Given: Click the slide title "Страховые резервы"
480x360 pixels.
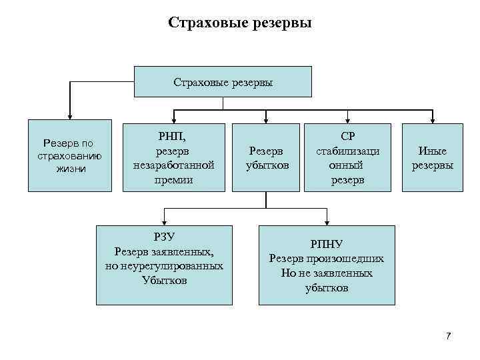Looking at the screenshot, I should coord(240,23).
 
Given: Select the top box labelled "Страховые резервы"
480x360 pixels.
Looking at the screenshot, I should coord(223,82).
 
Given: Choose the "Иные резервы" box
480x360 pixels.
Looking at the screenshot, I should coord(432,157).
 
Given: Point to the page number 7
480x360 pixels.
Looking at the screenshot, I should coord(449,335).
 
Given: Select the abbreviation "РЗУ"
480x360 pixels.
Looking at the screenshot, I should coord(164,237).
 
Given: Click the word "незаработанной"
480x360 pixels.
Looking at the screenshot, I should coord(173,165).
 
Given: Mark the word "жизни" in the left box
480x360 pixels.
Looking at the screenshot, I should coord(71,169).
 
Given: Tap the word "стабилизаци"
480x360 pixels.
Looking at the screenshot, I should coord(348,151).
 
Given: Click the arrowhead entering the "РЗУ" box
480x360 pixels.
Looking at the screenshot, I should coord(164,223).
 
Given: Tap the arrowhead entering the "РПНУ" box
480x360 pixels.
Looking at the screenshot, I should coord(326,223).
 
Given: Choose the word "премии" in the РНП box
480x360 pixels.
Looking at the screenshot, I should coord(173,179).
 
